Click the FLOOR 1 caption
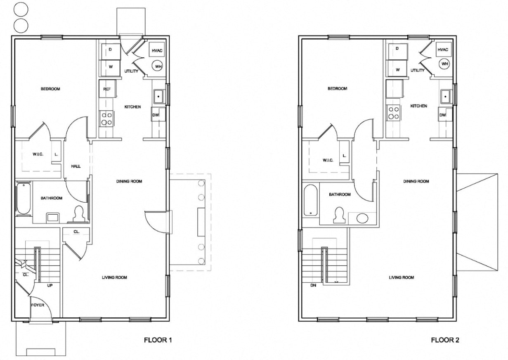coord(157,341)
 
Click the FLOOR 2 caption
coord(445,341)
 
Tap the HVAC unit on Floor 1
coord(157,50)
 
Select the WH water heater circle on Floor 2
coord(444,64)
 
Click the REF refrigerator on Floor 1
coord(107,89)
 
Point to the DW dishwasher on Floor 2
coord(442,115)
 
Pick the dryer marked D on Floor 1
coord(110,50)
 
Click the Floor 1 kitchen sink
coord(158,97)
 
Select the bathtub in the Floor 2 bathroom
coord(310,200)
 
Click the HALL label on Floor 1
coord(76,166)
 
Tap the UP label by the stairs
coord(50,285)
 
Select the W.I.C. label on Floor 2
coord(328,160)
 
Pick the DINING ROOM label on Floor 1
coord(129,181)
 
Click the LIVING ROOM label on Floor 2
coord(402,277)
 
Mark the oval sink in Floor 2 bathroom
coord(362,218)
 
